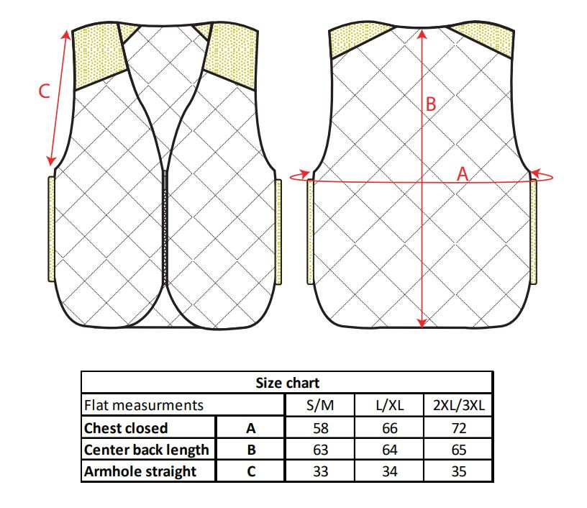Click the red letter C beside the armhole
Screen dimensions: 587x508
coord(44,91)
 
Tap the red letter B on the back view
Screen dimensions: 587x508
coord(431,104)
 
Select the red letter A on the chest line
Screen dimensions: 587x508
coord(463,173)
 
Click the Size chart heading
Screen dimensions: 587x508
coord(288,383)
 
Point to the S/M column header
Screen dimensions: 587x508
coord(320,405)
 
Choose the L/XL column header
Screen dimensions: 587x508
coord(390,405)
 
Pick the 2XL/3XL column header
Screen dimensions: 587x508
coord(459,405)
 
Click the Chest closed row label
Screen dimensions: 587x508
coord(126,428)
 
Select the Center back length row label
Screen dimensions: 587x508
coord(146,450)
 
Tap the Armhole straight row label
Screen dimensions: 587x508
coord(140,471)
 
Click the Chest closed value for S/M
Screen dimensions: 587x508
coord(320,428)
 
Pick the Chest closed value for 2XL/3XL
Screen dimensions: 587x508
coord(459,428)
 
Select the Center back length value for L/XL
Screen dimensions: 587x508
coord(390,450)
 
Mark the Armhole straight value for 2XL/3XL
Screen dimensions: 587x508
coord(459,471)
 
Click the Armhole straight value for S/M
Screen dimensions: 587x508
coord(320,471)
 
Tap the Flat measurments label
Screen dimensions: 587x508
coord(144,405)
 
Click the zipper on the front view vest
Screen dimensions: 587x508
coord(165,227)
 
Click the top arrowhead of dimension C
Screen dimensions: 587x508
coord(66,35)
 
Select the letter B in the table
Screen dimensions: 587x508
coord(252,450)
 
